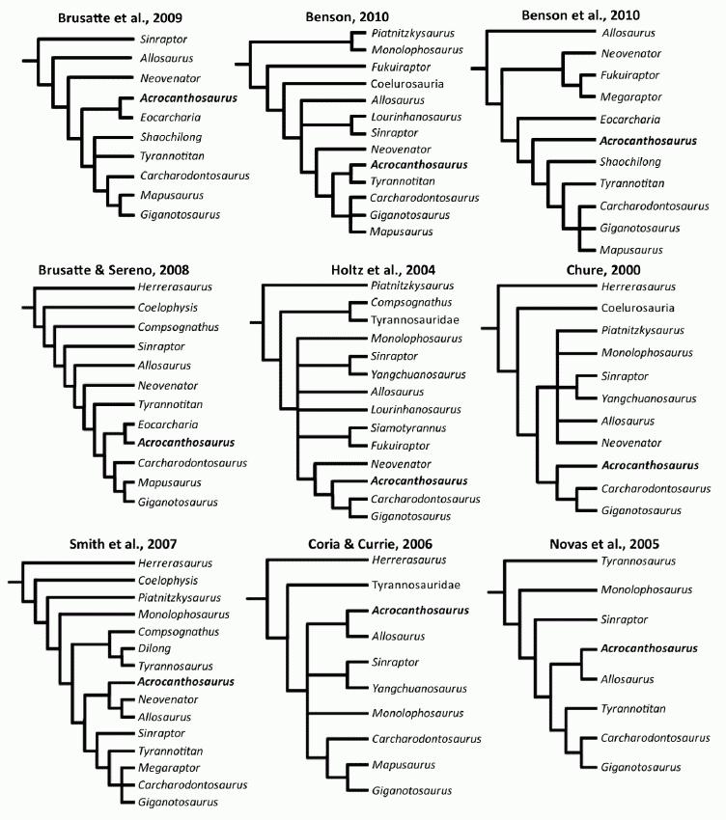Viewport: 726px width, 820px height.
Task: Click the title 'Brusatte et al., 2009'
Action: click(120, 17)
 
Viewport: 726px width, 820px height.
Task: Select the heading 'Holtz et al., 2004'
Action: click(383, 270)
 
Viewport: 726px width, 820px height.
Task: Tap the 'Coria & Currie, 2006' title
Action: click(370, 544)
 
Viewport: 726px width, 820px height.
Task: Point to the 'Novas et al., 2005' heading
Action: click(604, 544)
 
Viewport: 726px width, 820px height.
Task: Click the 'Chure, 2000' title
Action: click(603, 270)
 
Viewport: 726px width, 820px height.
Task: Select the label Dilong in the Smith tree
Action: click(154, 648)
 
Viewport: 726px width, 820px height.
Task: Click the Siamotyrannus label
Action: click(408, 427)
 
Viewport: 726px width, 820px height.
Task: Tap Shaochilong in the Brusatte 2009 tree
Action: click(171, 137)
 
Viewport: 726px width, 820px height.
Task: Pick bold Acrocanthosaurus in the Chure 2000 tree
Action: click(650, 465)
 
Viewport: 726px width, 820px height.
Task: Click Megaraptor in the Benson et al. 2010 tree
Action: click(630, 96)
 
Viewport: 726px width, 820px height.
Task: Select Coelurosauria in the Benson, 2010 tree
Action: click(407, 84)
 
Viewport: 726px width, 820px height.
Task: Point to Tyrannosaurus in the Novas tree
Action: click(638, 561)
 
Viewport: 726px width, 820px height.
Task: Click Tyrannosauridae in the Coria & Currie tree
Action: click(416, 585)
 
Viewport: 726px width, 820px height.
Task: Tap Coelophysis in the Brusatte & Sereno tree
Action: click(167, 308)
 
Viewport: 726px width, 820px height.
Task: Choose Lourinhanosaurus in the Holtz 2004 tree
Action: click(416, 409)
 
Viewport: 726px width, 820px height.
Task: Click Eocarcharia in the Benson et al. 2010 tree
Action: click(630, 120)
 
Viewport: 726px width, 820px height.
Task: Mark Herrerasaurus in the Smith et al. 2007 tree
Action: click(176, 563)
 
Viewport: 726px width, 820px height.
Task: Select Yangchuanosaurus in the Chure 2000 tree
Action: click(649, 398)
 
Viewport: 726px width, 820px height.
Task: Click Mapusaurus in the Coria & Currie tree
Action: click(404, 765)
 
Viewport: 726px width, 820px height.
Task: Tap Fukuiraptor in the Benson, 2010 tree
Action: click(401, 67)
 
